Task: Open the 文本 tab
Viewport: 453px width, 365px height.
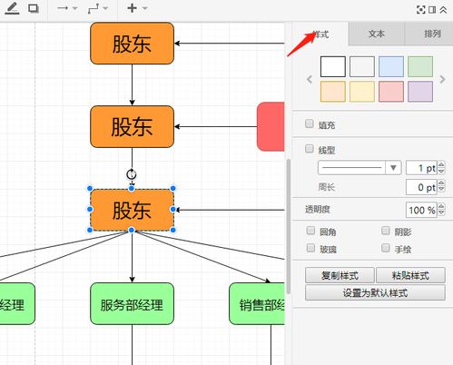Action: click(x=377, y=34)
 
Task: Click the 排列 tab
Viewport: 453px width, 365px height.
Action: click(x=432, y=34)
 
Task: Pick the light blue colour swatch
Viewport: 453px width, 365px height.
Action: click(x=391, y=66)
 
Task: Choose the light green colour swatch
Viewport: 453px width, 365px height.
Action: click(x=420, y=66)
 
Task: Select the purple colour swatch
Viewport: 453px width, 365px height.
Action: click(x=420, y=91)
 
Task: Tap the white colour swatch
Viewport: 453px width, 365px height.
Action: click(x=333, y=66)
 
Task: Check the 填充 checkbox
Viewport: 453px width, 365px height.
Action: click(x=310, y=124)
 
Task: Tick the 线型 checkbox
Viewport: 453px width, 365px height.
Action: click(x=310, y=149)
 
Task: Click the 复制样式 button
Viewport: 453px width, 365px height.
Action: click(x=340, y=275)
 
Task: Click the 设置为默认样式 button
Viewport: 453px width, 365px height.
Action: click(x=375, y=292)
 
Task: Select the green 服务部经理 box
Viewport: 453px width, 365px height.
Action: click(x=132, y=304)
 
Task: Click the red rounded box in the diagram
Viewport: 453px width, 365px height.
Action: click(x=271, y=126)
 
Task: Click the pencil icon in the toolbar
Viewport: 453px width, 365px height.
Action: click(x=13, y=8)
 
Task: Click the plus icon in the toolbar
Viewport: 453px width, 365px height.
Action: click(x=133, y=8)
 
